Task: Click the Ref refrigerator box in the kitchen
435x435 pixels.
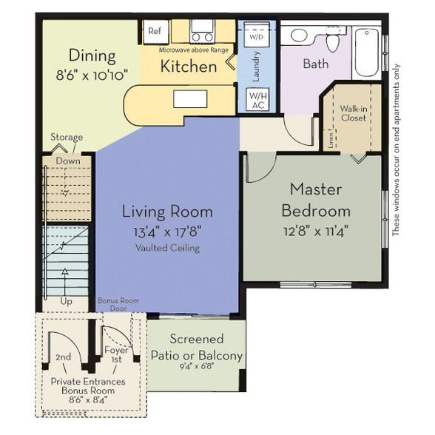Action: click(155, 31)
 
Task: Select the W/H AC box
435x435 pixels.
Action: click(257, 100)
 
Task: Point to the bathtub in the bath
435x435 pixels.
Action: click(367, 52)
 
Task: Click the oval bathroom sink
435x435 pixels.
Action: click(299, 36)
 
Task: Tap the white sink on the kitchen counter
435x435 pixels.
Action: click(190, 99)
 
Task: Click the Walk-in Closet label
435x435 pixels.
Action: click(354, 113)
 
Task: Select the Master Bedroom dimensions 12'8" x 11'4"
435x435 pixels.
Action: click(316, 231)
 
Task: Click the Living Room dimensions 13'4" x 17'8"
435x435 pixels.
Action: click(167, 232)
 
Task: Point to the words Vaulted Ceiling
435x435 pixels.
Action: click(167, 248)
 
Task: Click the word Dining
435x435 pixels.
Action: click(92, 55)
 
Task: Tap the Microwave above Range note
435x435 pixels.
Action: click(194, 50)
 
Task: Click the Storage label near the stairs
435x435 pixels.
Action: click(67, 137)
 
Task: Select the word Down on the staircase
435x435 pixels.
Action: click(68, 161)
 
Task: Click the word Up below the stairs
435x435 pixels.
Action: click(66, 302)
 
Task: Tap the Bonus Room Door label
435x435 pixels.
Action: click(118, 304)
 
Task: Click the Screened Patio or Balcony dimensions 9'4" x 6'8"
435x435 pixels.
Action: click(197, 367)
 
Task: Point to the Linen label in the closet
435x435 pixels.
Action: click(331, 139)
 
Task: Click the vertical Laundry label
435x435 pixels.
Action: click(256, 67)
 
